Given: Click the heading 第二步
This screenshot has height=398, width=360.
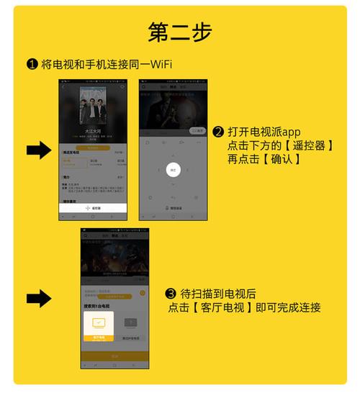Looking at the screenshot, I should [x=180, y=32].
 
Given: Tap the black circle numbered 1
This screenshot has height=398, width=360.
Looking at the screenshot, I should [x=32, y=65].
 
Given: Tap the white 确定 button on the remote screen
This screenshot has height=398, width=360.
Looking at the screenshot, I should [x=173, y=170].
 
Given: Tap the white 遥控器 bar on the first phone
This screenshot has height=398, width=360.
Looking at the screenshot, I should [x=94, y=208].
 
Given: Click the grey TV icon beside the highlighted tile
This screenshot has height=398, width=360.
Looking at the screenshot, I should [x=130, y=324].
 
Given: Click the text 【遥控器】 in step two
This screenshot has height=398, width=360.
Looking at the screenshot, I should [x=307, y=145].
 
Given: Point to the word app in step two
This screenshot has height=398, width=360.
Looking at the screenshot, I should [x=290, y=132].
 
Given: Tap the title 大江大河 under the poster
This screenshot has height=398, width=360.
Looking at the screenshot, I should [x=94, y=132].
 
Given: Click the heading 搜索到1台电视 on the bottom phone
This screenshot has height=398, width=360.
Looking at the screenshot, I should [x=99, y=306].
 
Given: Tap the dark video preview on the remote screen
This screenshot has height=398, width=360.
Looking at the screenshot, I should [x=173, y=112].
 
